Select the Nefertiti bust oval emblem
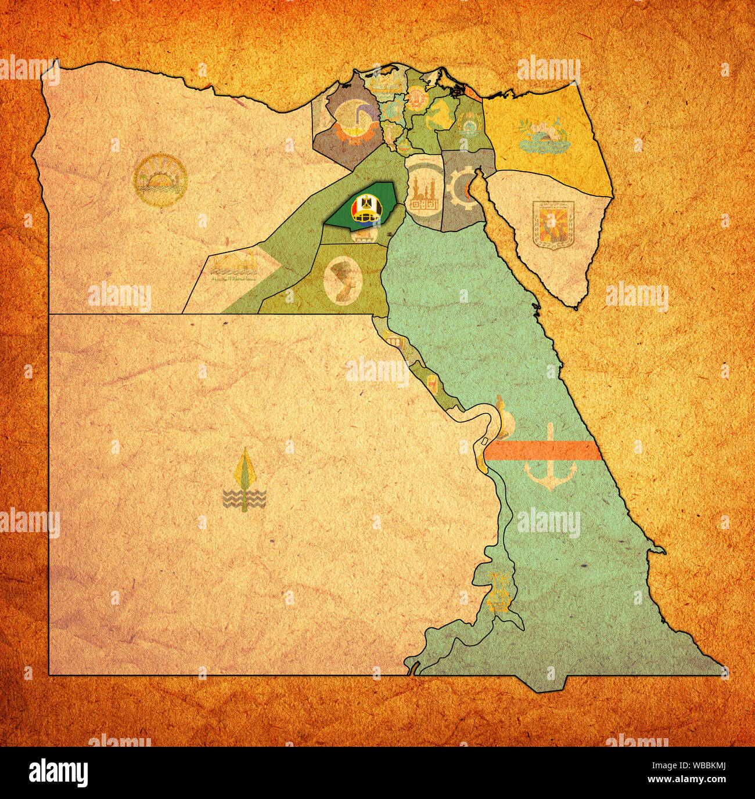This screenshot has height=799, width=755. (x=341, y=280)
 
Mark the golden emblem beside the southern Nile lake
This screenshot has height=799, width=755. (x=498, y=592)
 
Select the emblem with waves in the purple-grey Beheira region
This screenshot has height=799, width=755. (x=346, y=122)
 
